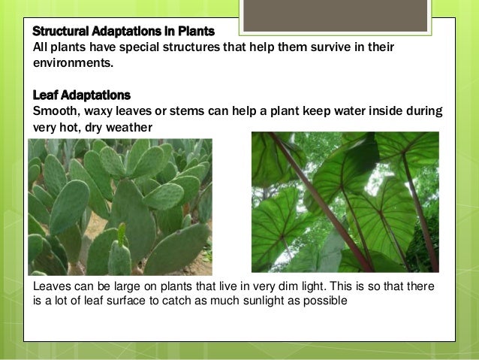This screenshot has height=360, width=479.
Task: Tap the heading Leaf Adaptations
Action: (x=81, y=95)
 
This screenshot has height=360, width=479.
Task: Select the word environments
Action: (x=72, y=64)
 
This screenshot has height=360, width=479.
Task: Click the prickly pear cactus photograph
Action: (x=120, y=207)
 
